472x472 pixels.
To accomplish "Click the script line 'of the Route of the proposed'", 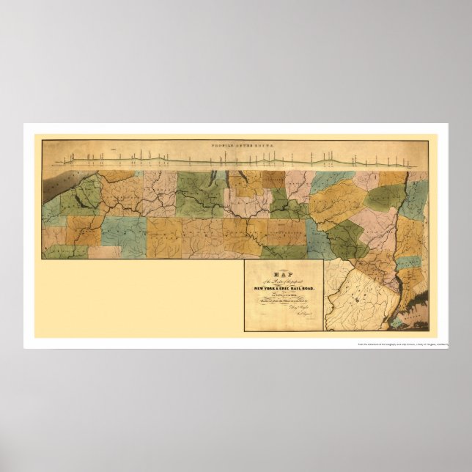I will click(x=283, y=281).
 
